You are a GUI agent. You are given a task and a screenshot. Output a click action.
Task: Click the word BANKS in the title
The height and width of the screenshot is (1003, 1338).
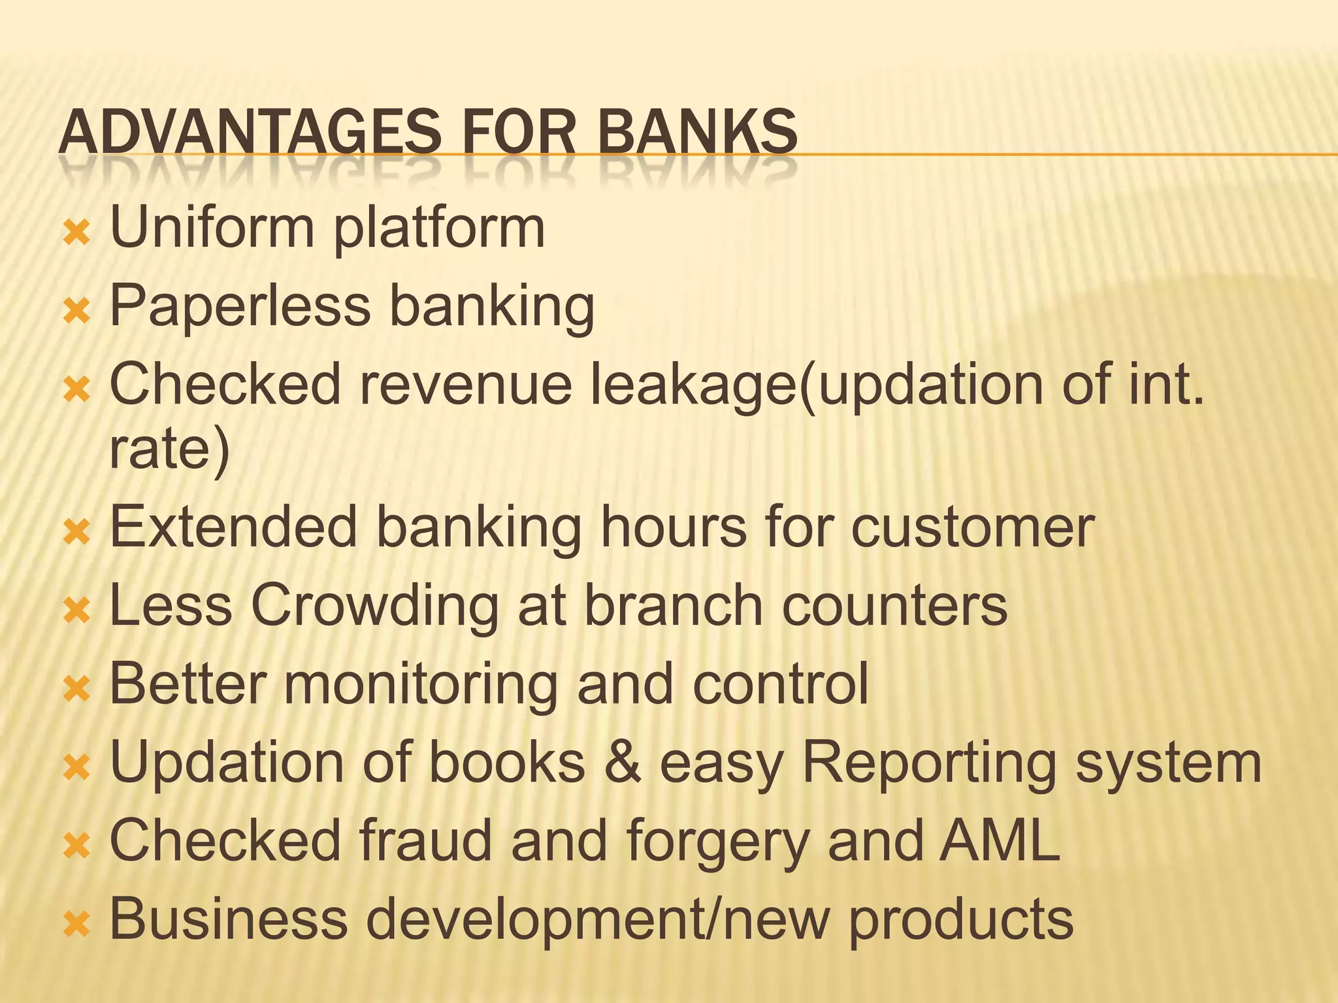coord(697,132)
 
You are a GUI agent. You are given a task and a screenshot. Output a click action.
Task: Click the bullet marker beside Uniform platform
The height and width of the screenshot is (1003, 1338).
coord(76,232)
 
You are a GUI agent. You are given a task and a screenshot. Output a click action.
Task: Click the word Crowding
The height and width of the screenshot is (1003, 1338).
coord(374,605)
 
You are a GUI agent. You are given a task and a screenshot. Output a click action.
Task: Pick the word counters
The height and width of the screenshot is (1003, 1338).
coord(894,605)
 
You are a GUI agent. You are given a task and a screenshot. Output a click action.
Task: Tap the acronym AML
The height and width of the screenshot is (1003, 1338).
coord(999,840)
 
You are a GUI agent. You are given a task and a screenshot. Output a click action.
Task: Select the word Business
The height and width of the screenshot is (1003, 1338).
coord(228,919)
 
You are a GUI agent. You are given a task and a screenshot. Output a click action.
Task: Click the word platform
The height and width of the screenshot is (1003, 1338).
coord(439,229)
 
